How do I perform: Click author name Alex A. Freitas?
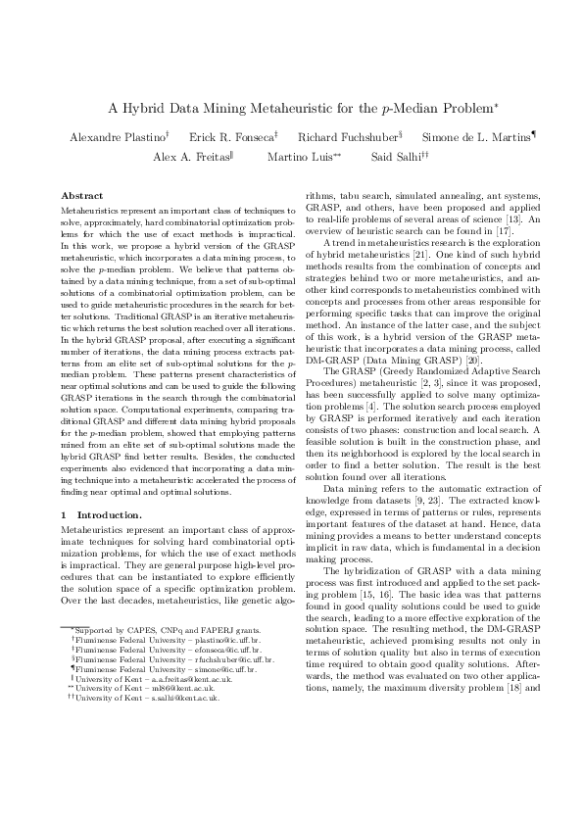[190, 157]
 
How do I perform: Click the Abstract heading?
[81, 197]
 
